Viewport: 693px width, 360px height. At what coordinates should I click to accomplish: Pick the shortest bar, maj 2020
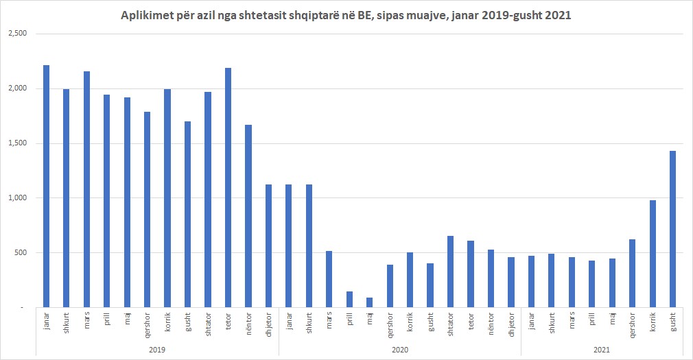click(369, 302)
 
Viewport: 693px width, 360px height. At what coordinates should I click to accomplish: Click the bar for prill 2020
click(349, 300)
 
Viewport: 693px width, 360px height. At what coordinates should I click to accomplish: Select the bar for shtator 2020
click(450, 272)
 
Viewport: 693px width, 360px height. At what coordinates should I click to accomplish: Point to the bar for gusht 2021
click(672, 229)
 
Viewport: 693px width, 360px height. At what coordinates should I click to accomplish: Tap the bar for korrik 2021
click(653, 254)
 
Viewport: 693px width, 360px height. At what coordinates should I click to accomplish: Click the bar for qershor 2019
click(148, 209)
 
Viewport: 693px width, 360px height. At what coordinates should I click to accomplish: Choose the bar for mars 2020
click(329, 279)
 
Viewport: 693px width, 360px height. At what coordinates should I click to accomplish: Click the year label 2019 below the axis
click(157, 350)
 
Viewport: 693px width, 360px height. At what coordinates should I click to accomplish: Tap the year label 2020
click(399, 350)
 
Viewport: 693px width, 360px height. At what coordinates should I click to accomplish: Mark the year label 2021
click(602, 350)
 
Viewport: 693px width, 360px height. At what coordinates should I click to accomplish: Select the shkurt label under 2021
click(552, 324)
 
